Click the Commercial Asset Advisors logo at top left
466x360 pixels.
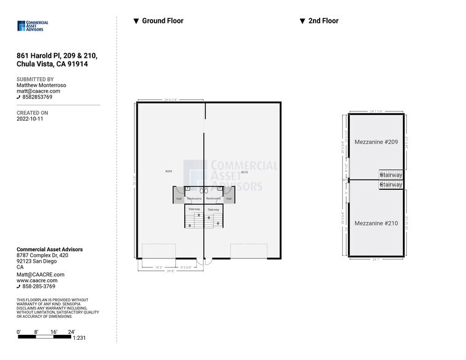tap(32, 26)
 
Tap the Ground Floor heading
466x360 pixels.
tap(162, 21)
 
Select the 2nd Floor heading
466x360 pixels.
tap(323, 21)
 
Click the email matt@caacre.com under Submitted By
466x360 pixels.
tap(38, 91)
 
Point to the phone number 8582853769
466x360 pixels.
tap(37, 97)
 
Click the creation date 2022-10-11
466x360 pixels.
tap(29, 119)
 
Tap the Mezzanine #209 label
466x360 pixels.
tap(376, 142)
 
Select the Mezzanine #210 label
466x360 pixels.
tap(376, 223)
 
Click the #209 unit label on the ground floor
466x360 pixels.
tap(168, 171)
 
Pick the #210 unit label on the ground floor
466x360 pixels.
tap(244, 173)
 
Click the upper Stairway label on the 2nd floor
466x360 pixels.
tap(391, 175)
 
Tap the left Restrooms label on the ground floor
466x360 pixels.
tap(195, 198)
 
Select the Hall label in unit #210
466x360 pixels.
tap(228, 198)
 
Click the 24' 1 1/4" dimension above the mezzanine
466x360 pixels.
tap(375, 111)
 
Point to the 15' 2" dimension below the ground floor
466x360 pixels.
tap(158, 267)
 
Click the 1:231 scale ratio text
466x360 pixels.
tap(79, 338)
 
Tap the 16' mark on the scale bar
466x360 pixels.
tap(54, 331)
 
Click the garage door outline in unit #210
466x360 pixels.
tap(249, 251)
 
